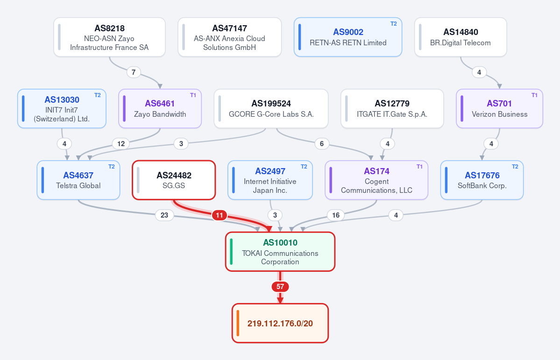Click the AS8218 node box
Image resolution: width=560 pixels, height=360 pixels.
[x=109, y=37]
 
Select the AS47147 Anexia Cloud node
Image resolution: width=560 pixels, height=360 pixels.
[x=230, y=37]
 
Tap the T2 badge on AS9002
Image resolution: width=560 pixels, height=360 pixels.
[x=394, y=23]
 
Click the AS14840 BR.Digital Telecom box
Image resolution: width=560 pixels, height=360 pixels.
[x=461, y=37]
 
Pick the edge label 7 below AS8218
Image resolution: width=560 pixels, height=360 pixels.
[x=134, y=72]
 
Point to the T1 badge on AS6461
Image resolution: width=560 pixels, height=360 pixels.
[x=193, y=95]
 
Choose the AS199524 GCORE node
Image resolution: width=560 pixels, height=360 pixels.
[x=271, y=109]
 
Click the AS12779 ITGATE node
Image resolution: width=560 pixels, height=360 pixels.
[x=392, y=109]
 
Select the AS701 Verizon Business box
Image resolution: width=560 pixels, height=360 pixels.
[x=499, y=109]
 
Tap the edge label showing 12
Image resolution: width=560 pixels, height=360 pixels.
[x=121, y=143]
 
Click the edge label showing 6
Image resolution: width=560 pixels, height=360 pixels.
[x=322, y=143]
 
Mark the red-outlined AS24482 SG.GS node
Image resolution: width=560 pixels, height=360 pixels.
[x=174, y=180]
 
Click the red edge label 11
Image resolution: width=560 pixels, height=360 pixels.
[x=220, y=215]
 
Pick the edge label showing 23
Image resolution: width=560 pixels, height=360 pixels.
[x=164, y=215]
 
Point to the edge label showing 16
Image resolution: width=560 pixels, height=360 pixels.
[x=336, y=215]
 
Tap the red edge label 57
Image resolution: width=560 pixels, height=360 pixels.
[x=280, y=286]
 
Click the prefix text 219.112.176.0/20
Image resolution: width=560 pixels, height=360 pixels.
[x=280, y=323]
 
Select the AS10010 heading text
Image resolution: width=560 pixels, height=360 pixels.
[x=280, y=242]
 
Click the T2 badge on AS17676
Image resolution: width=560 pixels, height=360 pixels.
[x=515, y=166]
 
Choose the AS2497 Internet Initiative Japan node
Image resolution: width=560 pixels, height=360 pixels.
[x=270, y=180]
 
